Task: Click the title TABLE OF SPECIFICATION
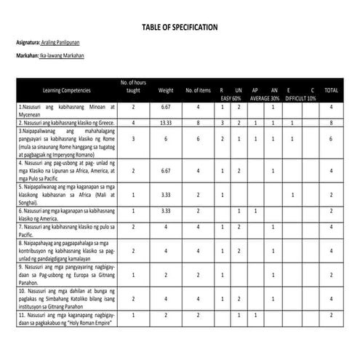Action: pyautogui.click(x=180, y=27)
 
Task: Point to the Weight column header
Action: pyautogui.click(x=166, y=90)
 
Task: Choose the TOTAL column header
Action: pyautogui.click(x=331, y=90)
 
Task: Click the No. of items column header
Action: pyautogui.click(x=197, y=90)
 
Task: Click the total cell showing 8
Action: pyautogui.click(x=331, y=123)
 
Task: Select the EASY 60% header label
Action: pyautogui.click(x=231, y=97)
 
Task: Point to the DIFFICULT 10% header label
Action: pyautogui.click(x=300, y=97)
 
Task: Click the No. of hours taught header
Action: pyautogui.click(x=134, y=87)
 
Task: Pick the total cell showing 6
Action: pyautogui.click(x=331, y=138)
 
